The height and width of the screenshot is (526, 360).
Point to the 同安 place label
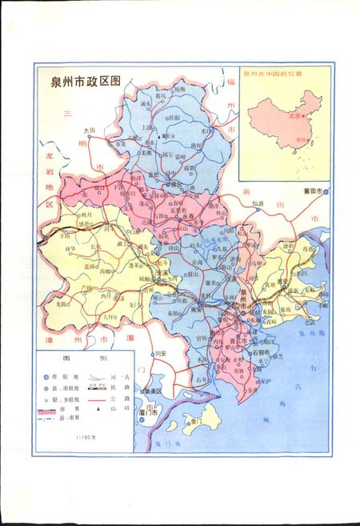(x=161, y=353)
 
